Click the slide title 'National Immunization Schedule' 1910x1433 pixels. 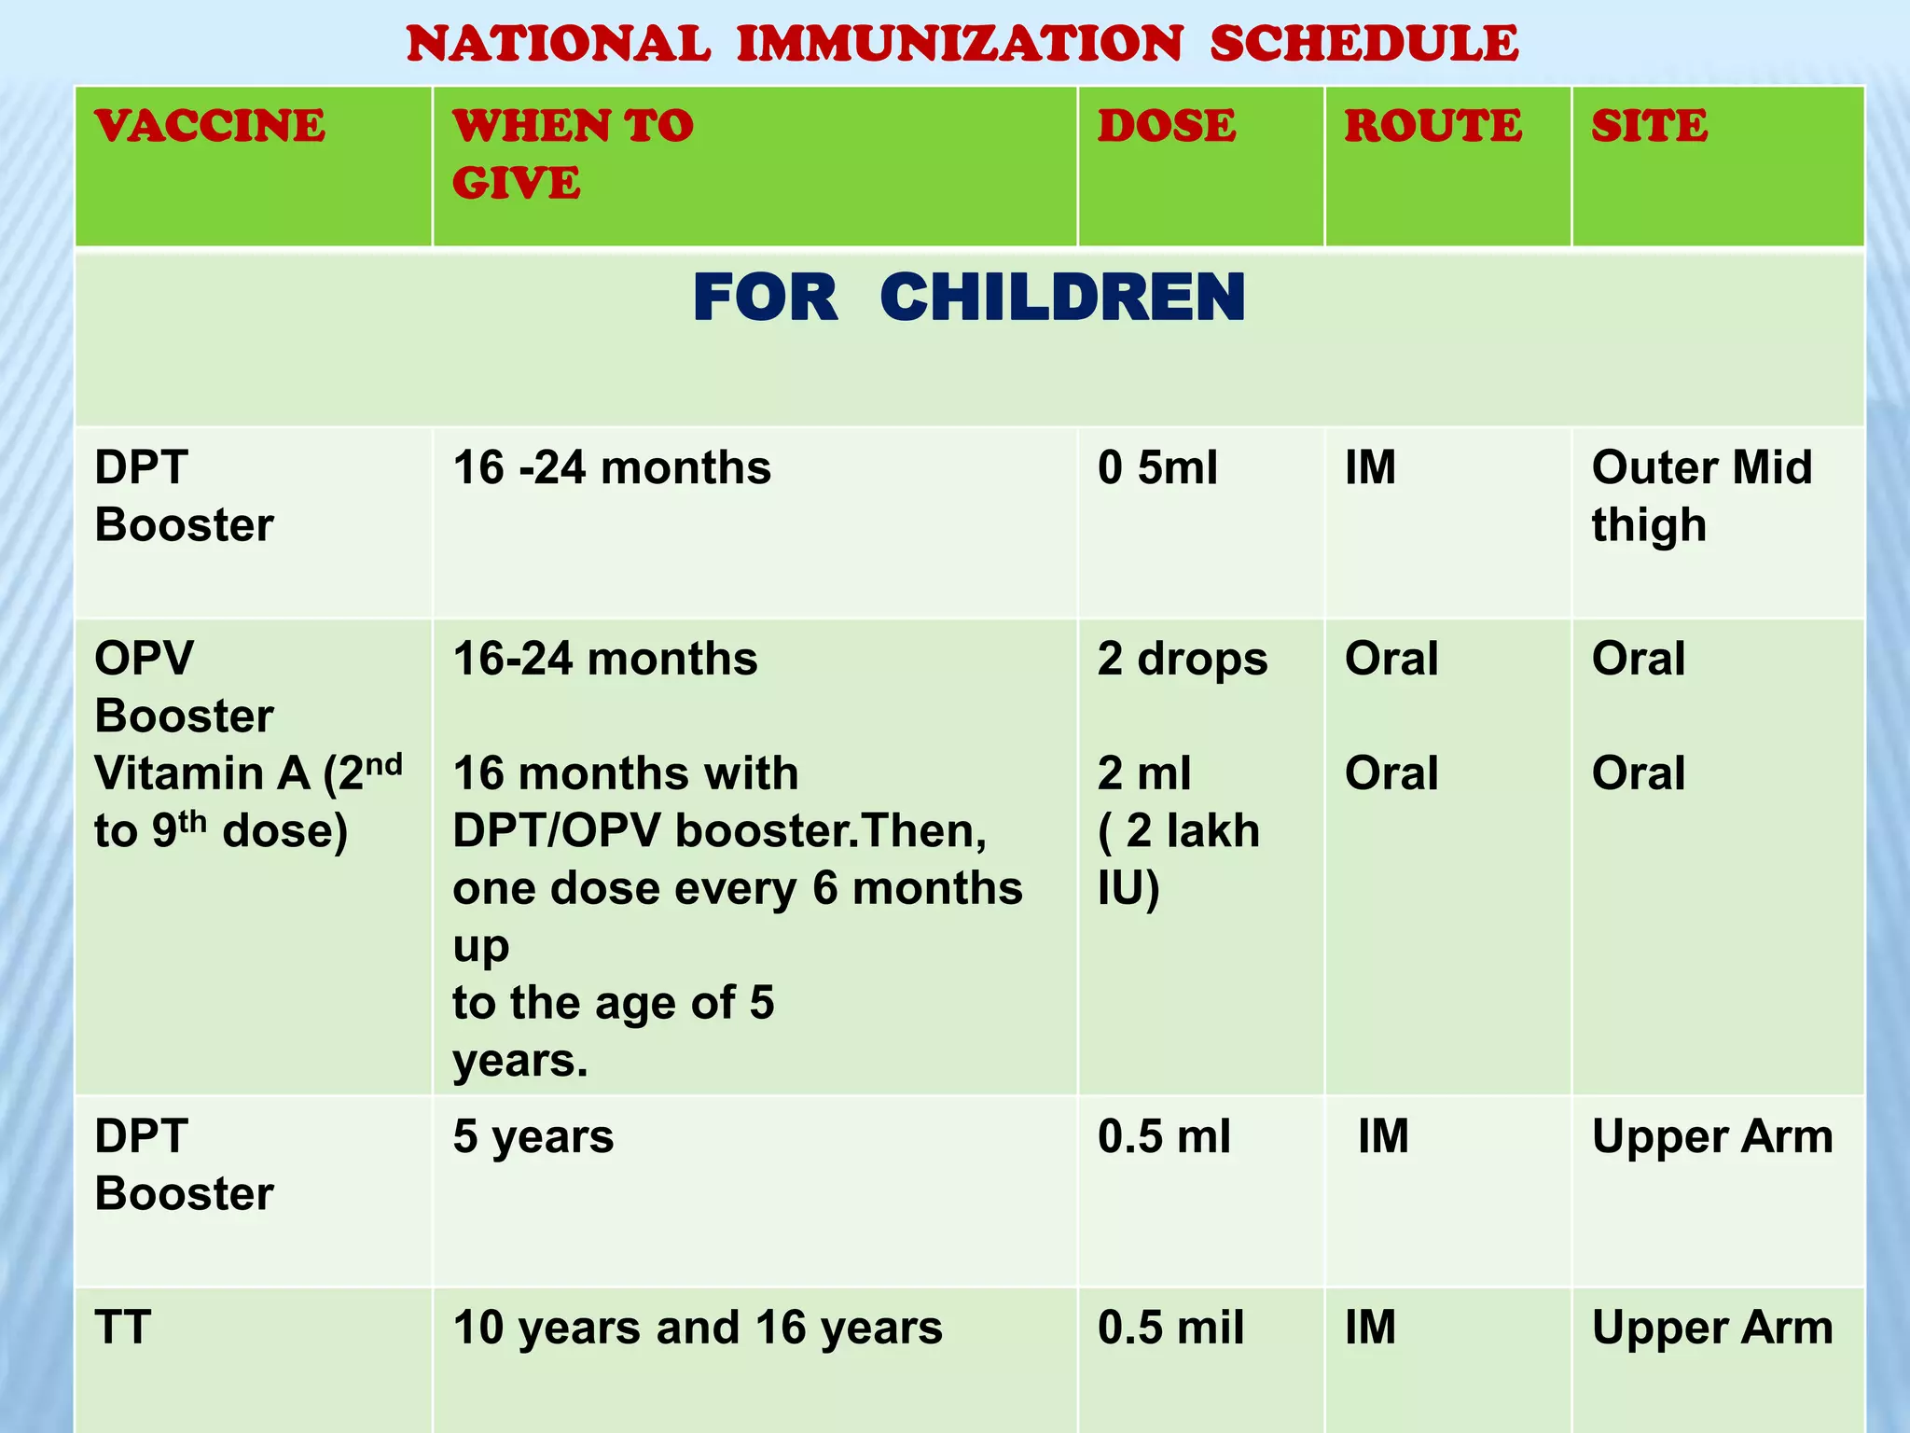[962, 44]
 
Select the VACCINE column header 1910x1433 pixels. [210, 126]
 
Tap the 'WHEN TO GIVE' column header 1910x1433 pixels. [573, 154]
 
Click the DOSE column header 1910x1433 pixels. [1167, 126]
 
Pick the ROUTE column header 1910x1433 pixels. [1432, 126]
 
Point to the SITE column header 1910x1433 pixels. [1649, 126]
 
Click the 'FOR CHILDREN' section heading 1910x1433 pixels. [969, 299]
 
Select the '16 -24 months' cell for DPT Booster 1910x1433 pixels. [612, 467]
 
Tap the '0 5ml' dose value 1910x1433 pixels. [1157, 467]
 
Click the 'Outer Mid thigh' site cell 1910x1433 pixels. [1701, 495]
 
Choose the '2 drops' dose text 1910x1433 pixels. [1183, 659]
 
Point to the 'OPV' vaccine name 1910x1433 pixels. [145, 659]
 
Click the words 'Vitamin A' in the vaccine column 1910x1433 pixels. [202, 773]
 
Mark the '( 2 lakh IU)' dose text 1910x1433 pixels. [1178, 858]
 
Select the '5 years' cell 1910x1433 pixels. [533, 1136]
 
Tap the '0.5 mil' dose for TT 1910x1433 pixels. [1170, 1328]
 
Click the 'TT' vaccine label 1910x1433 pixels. [122, 1328]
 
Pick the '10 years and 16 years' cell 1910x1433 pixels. [698, 1328]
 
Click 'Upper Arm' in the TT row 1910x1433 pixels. [1712, 1328]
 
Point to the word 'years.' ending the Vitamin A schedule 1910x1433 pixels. [520, 1061]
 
